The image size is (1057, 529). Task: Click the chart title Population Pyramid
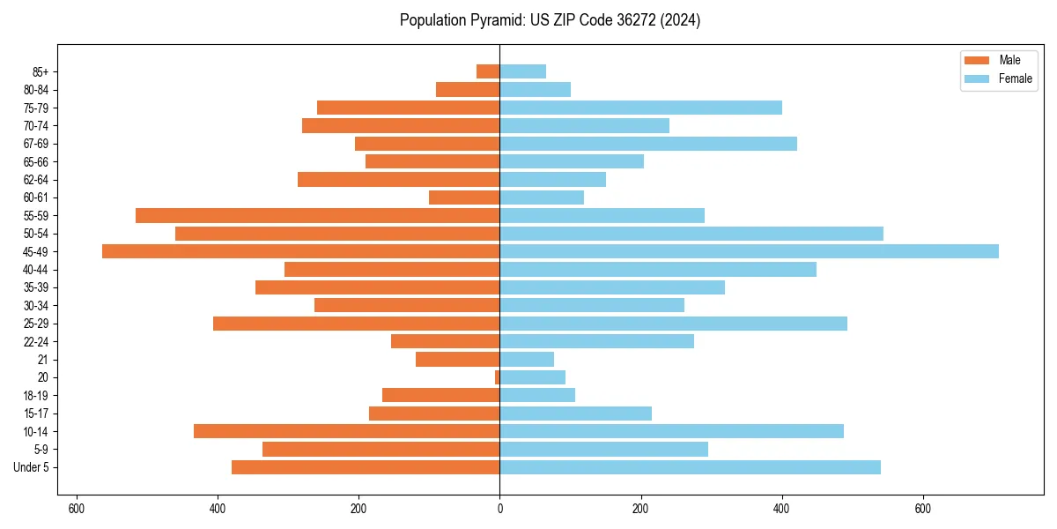click(x=550, y=20)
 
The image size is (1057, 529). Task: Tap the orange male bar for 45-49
click(x=300, y=251)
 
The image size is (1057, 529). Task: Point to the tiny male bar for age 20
click(x=497, y=377)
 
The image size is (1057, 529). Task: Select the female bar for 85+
click(x=522, y=71)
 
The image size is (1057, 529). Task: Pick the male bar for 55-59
click(x=317, y=215)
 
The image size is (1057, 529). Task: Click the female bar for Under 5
click(x=690, y=467)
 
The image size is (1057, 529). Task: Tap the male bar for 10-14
click(x=346, y=431)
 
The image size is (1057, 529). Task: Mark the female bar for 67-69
click(x=648, y=144)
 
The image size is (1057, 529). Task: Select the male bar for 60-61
click(x=464, y=197)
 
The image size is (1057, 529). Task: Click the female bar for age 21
click(x=527, y=360)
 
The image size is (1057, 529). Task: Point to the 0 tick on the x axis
click(x=499, y=509)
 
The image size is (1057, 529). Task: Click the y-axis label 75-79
click(x=36, y=108)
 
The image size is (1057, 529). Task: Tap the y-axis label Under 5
click(x=32, y=467)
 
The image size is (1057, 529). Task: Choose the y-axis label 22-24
click(x=36, y=341)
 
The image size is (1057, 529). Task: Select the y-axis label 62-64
click(x=36, y=179)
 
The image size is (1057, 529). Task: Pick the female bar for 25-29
click(x=673, y=324)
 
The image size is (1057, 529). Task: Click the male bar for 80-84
click(x=468, y=89)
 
